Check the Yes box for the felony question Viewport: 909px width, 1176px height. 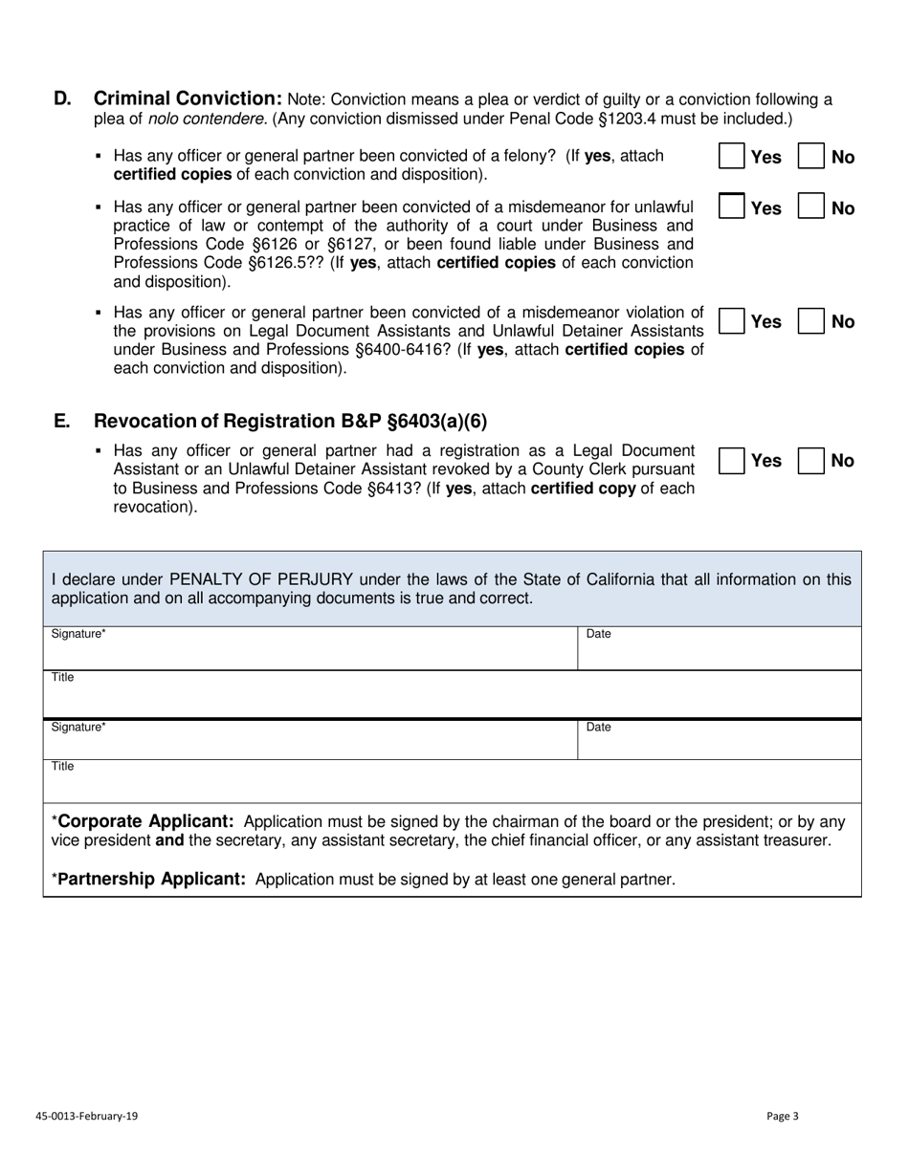732,157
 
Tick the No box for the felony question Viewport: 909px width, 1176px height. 811,157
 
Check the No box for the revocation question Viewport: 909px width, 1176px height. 811,461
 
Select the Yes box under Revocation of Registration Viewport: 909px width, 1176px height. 732,461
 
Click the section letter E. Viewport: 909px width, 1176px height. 62,422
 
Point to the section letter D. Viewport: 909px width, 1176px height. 62,98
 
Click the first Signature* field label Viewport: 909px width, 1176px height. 78,634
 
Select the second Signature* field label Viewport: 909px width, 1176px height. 78,728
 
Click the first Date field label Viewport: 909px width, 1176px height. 598,634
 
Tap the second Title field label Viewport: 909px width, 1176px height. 63,767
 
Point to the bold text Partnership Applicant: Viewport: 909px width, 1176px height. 152,879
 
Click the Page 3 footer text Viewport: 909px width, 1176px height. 782,1116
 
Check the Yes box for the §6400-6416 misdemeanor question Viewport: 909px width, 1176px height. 732,321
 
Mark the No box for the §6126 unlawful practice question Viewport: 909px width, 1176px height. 811,207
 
